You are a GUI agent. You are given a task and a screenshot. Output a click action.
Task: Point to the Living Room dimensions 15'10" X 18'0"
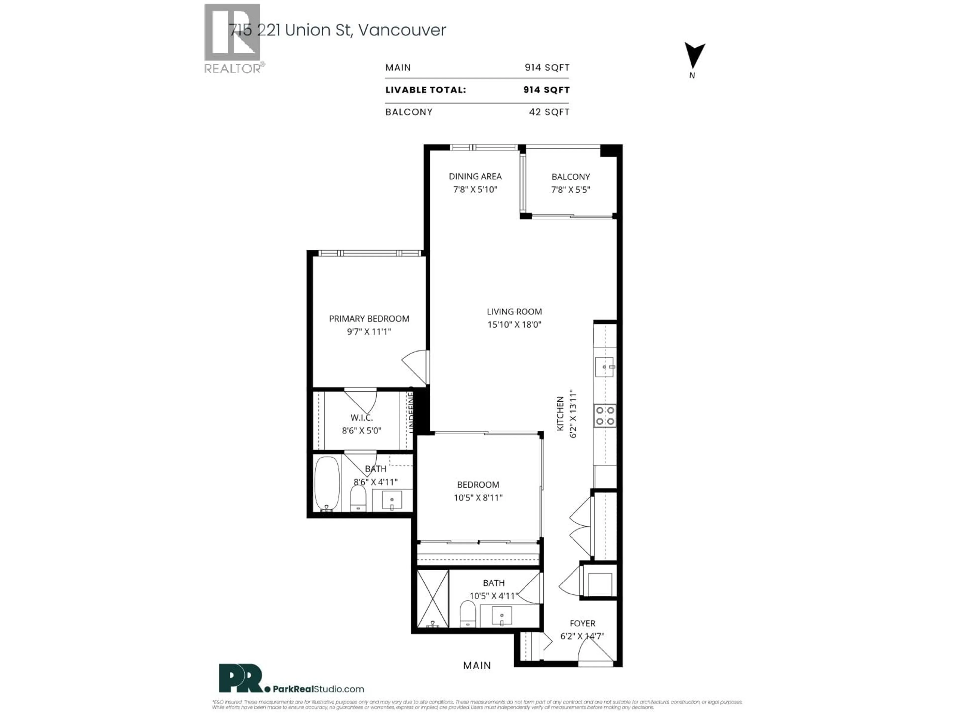[514, 324]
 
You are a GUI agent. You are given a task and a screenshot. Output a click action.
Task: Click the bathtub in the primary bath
[327, 483]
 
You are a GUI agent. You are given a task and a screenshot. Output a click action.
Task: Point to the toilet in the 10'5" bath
[468, 614]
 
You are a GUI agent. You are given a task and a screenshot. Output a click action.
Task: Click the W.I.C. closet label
[361, 418]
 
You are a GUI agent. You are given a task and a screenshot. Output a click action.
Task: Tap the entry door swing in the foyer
[595, 650]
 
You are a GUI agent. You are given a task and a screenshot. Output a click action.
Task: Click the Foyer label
[582, 624]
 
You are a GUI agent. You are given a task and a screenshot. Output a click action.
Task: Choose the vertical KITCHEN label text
[560, 413]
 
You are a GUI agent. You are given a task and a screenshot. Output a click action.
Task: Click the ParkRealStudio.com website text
[318, 689]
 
